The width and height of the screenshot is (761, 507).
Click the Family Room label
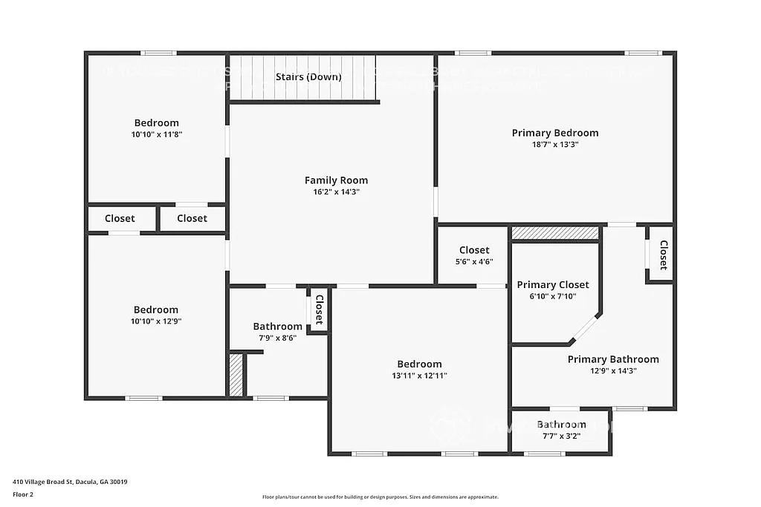(x=336, y=180)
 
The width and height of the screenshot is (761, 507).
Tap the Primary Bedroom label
(x=554, y=133)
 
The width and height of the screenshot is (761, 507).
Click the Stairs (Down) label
(x=308, y=77)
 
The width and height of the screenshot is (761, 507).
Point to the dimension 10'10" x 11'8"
(x=156, y=135)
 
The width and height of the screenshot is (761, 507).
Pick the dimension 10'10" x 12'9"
(x=156, y=321)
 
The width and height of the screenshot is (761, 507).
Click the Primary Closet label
(x=553, y=285)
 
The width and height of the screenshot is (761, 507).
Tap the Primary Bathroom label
(x=613, y=359)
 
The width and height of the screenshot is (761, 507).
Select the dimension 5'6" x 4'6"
(x=474, y=261)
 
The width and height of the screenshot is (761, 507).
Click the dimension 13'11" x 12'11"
(x=419, y=376)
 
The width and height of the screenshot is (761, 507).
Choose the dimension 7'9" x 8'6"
(x=277, y=338)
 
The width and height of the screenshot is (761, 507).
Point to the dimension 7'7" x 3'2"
(x=561, y=436)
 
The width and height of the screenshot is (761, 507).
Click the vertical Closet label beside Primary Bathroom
(x=663, y=255)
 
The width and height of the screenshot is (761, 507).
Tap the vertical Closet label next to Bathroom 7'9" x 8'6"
(x=319, y=310)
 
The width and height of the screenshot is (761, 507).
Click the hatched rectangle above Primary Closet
(x=555, y=233)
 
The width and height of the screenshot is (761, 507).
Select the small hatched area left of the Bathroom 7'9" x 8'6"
(x=236, y=375)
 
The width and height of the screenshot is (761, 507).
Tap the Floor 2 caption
(x=23, y=494)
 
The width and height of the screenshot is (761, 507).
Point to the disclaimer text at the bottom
(x=380, y=497)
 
